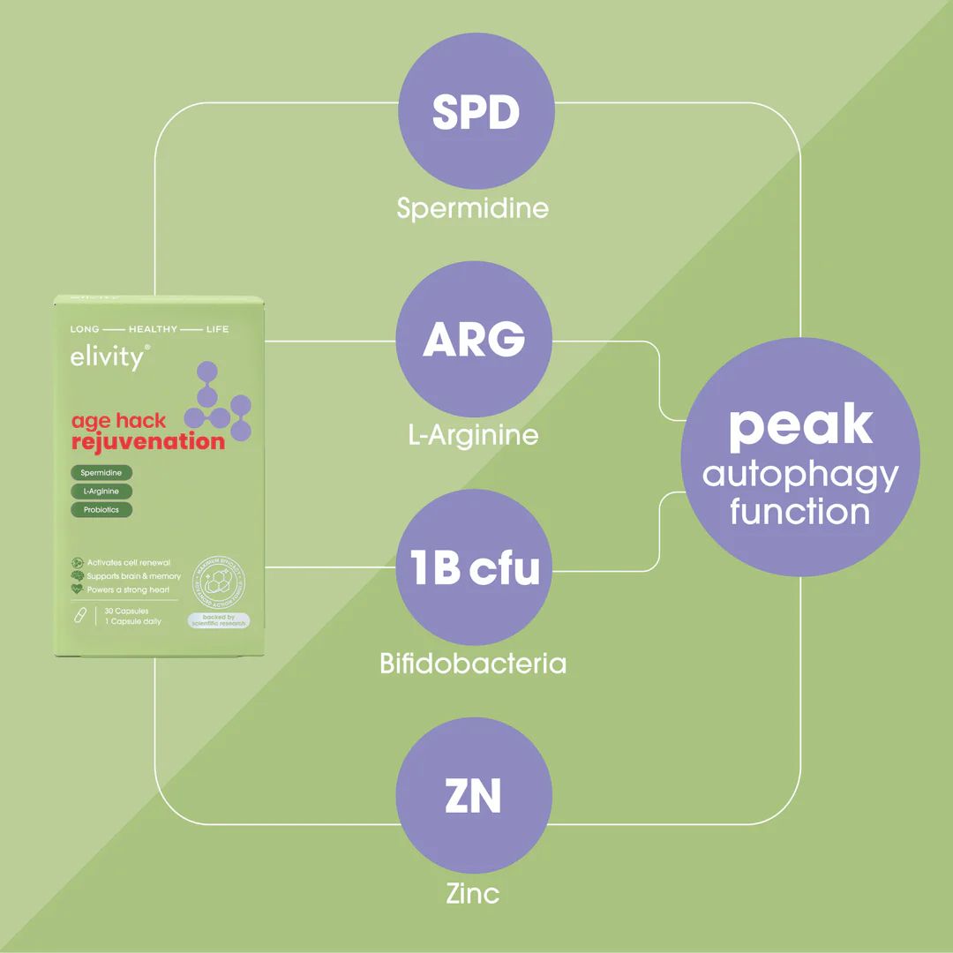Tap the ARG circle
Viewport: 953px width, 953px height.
coord(474,340)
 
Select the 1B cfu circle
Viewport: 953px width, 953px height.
coord(474,567)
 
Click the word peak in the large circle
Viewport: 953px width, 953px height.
coord(800,425)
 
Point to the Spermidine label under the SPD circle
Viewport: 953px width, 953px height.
coord(473,208)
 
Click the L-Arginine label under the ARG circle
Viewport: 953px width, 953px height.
coord(474,435)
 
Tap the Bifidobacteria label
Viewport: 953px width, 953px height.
coord(473,664)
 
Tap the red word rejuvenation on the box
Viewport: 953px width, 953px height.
coord(147,441)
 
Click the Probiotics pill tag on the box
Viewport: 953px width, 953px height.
coord(101,509)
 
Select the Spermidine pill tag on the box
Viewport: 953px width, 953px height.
coord(101,473)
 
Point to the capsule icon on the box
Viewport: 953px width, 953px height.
coord(79,614)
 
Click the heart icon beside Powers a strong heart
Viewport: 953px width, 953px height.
coord(78,589)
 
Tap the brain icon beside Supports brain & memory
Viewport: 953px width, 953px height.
coord(78,576)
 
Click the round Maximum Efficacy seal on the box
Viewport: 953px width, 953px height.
coord(219,581)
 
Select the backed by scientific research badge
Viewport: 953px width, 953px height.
coord(219,620)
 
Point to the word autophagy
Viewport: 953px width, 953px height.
coord(800,476)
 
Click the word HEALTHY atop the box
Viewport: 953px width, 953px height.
coord(153,329)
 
